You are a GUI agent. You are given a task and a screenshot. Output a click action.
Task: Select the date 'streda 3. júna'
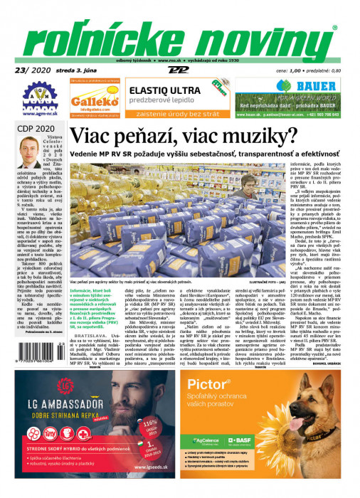coord(79,70)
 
